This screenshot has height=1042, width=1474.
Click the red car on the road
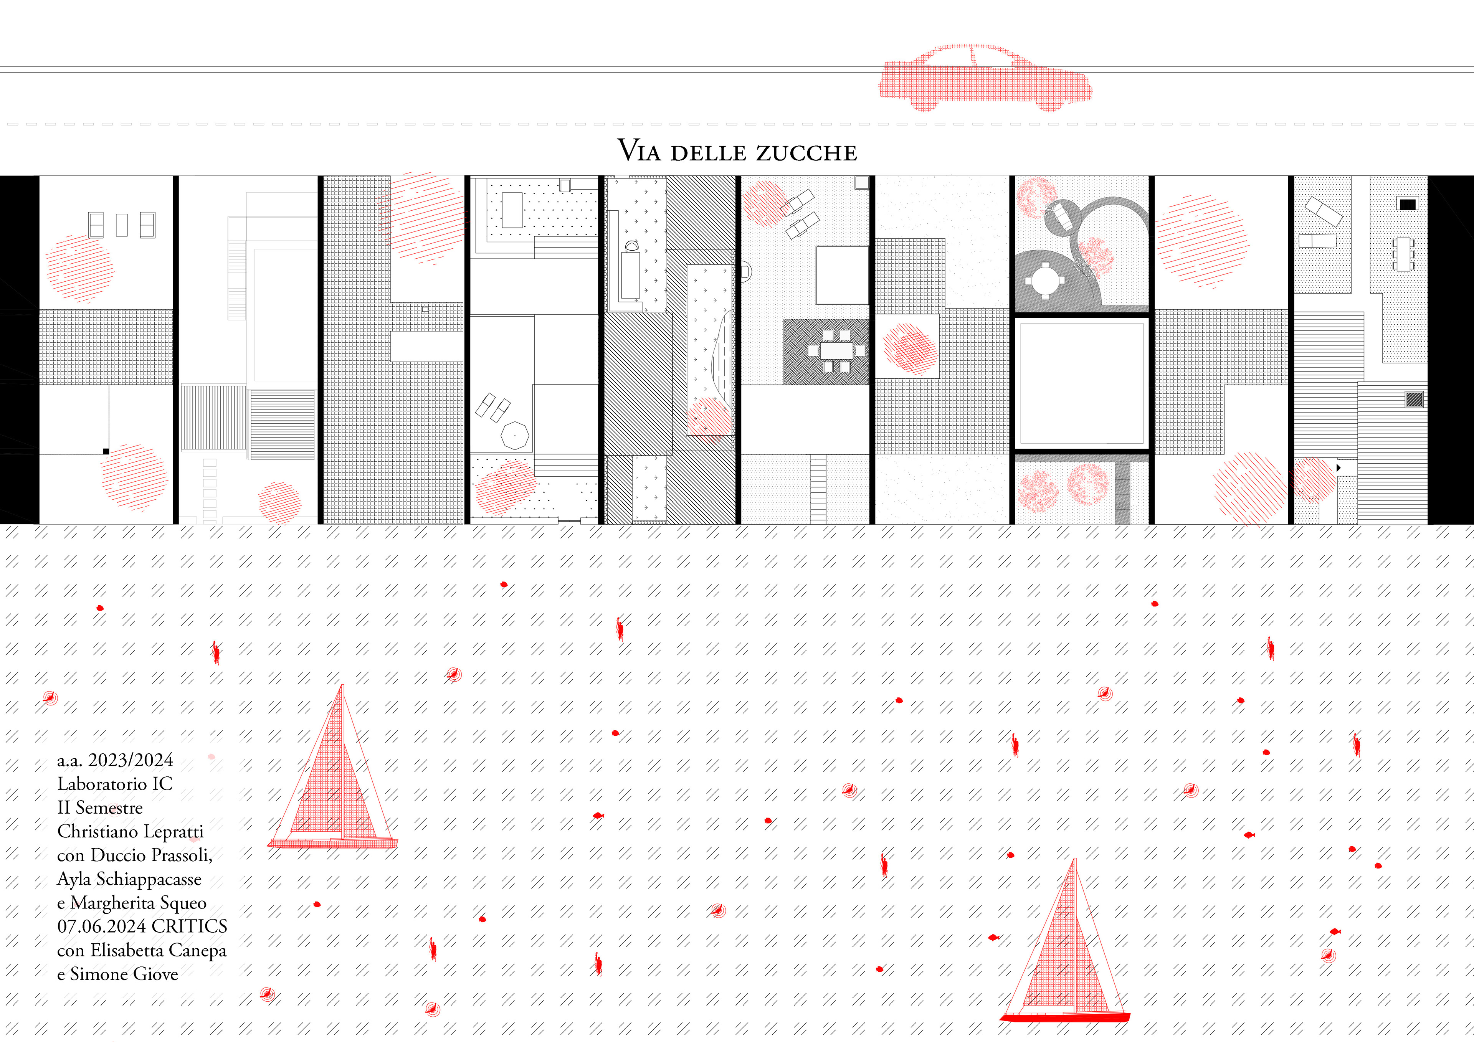click(x=985, y=78)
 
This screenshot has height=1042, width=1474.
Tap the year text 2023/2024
click(x=131, y=760)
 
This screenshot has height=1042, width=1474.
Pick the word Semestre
click(x=109, y=807)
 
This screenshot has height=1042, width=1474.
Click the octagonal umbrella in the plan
click(x=514, y=435)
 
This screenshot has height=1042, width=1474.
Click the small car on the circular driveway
click(x=1061, y=216)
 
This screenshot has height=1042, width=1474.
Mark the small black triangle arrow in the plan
click(x=1338, y=468)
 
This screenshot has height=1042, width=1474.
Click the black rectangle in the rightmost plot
click(x=1407, y=204)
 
